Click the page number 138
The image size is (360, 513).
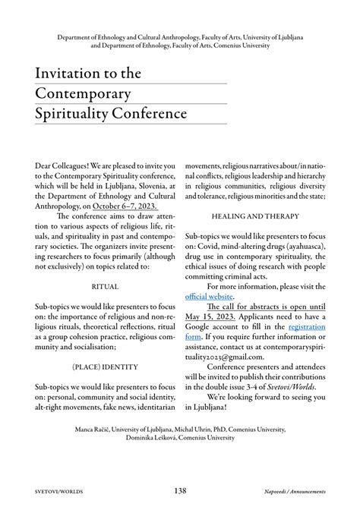click(180, 491)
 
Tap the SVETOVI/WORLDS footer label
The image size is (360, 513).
click(60, 492)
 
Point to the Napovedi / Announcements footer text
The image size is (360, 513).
click(290, 492)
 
